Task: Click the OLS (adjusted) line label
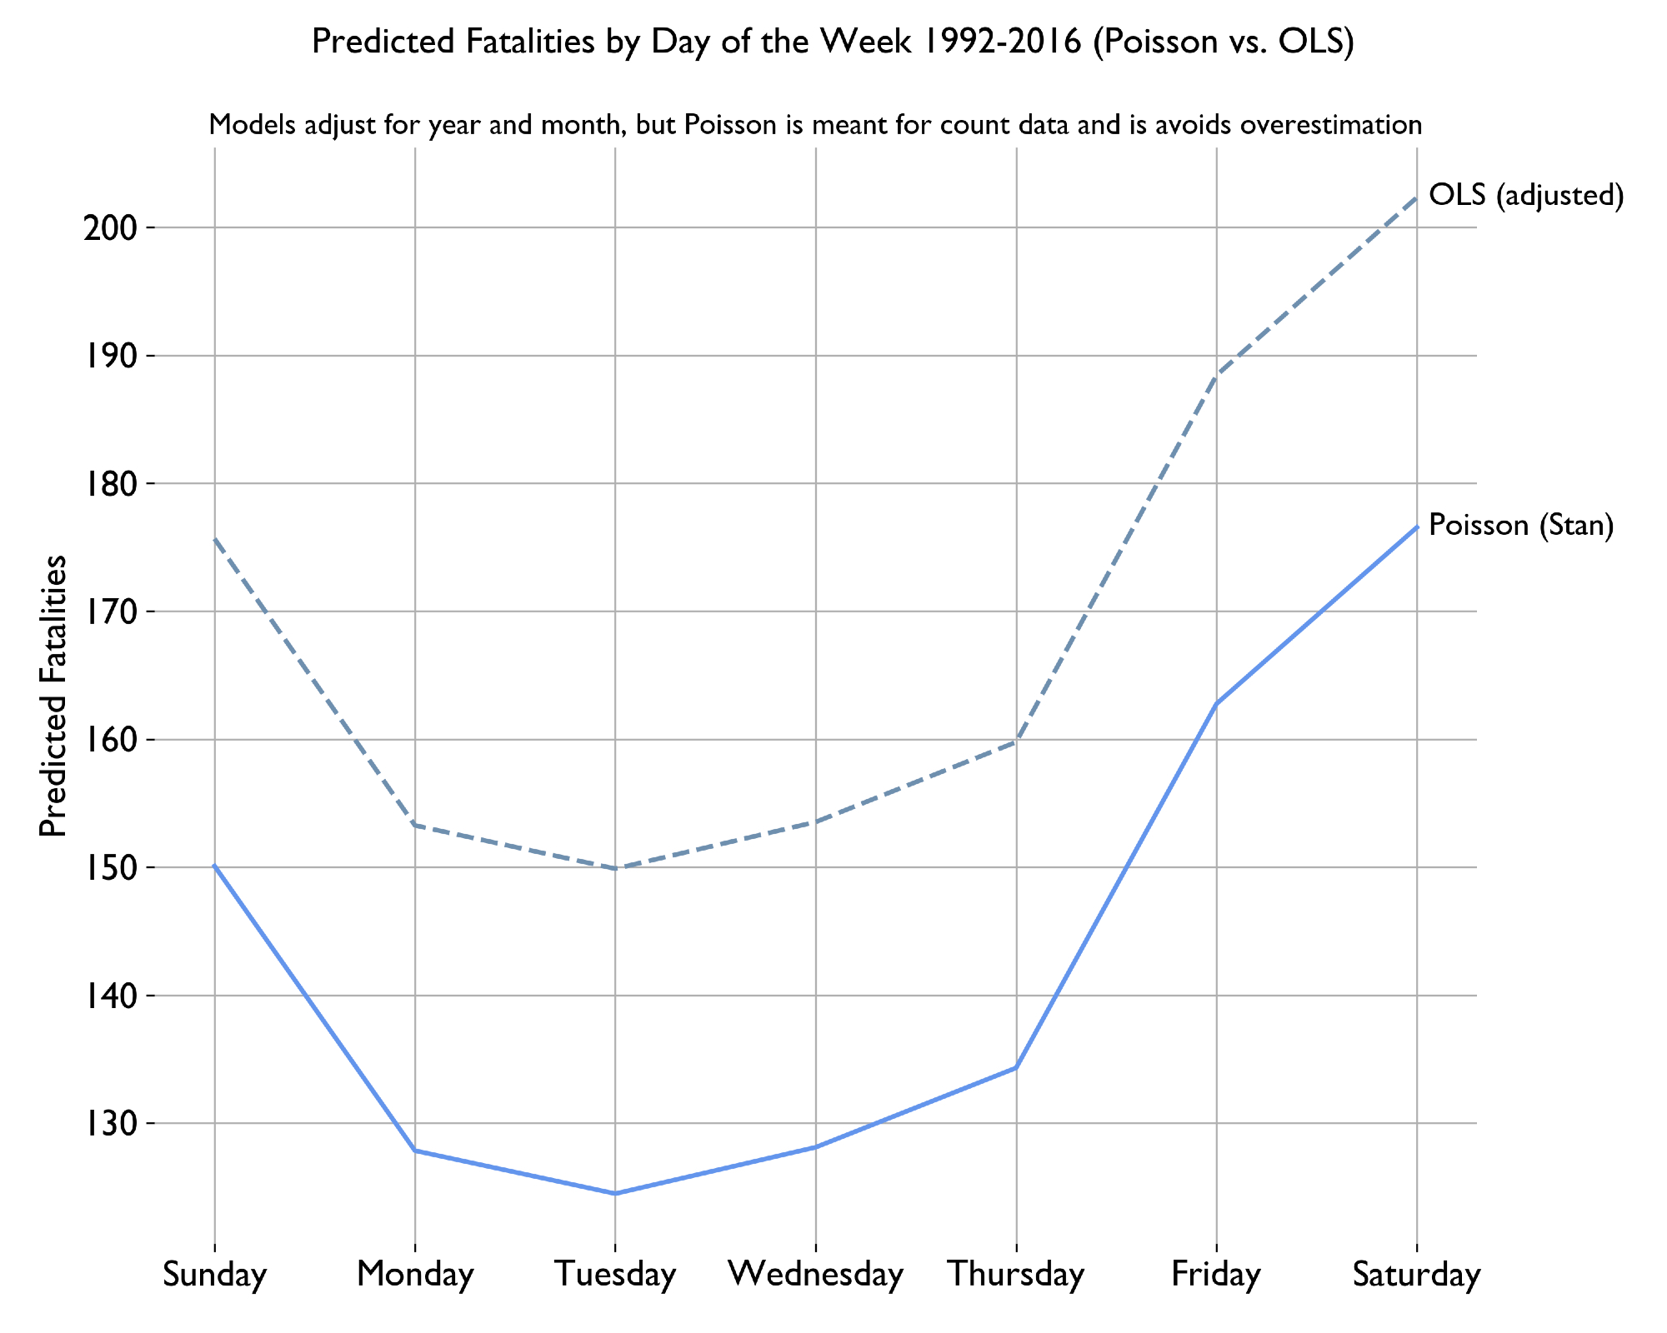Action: [x=1526, y=196]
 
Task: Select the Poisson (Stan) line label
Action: [x=1521, y=525]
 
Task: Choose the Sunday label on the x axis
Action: [x=215, y=1275]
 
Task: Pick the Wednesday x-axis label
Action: [x=815, y=1275]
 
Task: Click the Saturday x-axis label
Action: [x=1416, y=1275]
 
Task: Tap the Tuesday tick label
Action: [x=615, y=1275]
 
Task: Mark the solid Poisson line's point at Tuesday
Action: [x=615, y=1193]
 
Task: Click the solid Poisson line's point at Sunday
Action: [x=215, y=866]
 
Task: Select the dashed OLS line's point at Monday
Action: [x=415, y=825]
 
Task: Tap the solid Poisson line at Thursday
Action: [x=1016, y=1067]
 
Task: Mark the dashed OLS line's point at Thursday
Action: [x=1016, y=741]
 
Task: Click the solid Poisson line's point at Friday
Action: [x=1216, y=704]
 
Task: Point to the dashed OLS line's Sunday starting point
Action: [x=215, y=539]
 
